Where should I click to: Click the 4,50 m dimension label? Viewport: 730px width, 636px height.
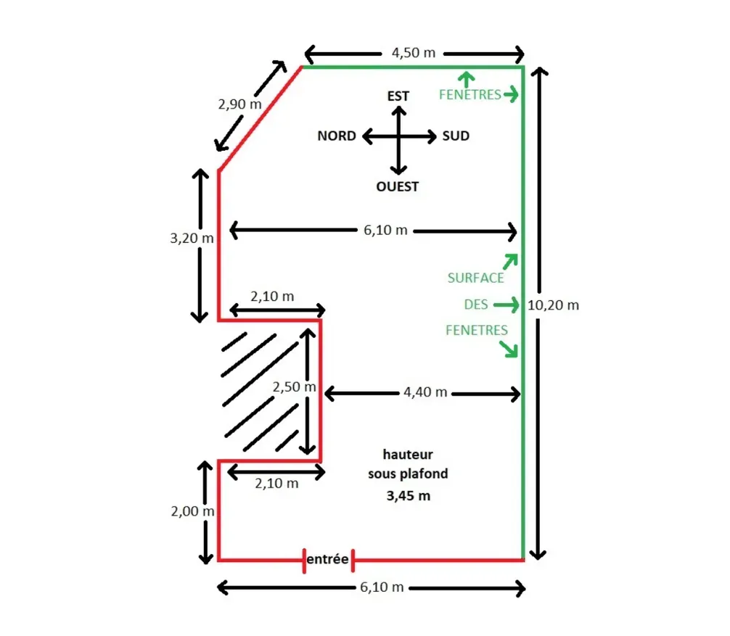[x=414, y=52]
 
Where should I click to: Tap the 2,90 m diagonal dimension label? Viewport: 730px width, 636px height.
[x=239, y=104]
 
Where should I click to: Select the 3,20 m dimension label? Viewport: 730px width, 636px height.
[x=192, y=238]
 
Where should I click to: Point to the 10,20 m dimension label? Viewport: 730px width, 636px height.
[x=553, y=305]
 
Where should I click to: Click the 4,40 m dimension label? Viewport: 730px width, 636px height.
[x=425, y=392]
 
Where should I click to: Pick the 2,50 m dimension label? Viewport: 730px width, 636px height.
[x=294, y=387]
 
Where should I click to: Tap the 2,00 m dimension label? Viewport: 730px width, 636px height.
[x=193, y=511]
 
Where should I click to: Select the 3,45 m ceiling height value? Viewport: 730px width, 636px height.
[x=409, y=496]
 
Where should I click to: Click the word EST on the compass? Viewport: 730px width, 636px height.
[x=398, y=96]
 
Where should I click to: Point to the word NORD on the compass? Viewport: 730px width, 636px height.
[x=337, y=136]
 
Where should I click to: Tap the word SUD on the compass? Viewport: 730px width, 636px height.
[x=456, y=136]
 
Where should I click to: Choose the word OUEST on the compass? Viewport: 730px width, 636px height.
[x=397, y=186]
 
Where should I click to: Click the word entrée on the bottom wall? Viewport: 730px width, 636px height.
[x=327, y=559]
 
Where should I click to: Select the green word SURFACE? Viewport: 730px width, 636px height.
[x=476, y=278]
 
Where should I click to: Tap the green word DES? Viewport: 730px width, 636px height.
[x=476, y=305]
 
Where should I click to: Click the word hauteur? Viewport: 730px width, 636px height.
[x=408, y=454]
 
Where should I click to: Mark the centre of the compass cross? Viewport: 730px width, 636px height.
[x=399, y=137]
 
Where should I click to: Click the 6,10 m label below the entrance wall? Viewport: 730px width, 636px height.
[x=382, y=587]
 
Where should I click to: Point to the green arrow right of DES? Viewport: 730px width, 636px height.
[x=506, y=305]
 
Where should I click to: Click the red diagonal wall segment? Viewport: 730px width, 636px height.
[x=261, y=119]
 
